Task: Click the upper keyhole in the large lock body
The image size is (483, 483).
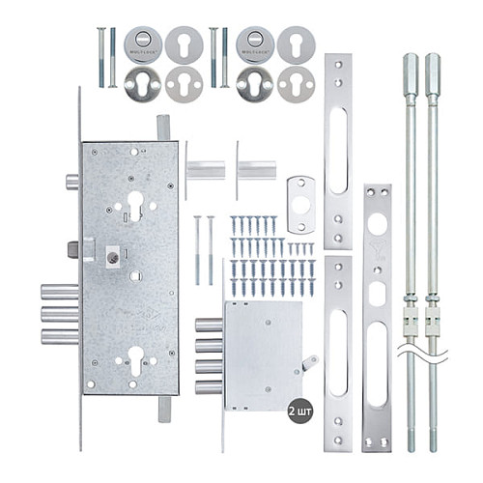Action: pyautogui.click(x=134, y=203)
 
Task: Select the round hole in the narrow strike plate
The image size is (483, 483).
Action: pyautogui.click(x=377, y=223)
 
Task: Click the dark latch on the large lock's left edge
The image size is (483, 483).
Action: pyautogui.click(x=72, y=249)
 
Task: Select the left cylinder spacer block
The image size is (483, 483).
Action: pyautogui.click(x=205, y=171)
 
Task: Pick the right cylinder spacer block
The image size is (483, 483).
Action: pyautogui.click(x=256, y=171)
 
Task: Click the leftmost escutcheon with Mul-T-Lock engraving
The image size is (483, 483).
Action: pyautogui.click(x=142, y=44)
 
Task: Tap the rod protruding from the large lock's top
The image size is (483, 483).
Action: pyautogui.click(x=163, y=128)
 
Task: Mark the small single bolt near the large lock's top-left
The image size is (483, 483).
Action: pyautogui.click(x=71, y=182)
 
